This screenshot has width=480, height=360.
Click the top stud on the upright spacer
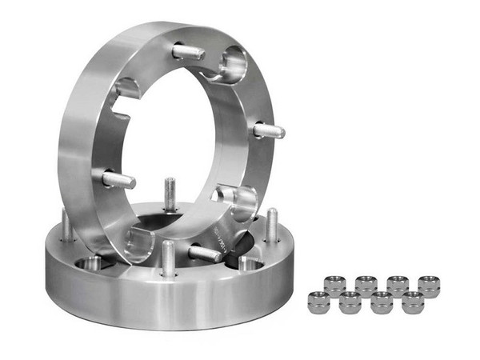coord(189,53)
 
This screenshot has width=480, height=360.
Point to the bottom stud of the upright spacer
coord(205,254)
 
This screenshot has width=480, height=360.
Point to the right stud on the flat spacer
coord(272,225)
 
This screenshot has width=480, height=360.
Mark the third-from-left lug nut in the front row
coord(381,303)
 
